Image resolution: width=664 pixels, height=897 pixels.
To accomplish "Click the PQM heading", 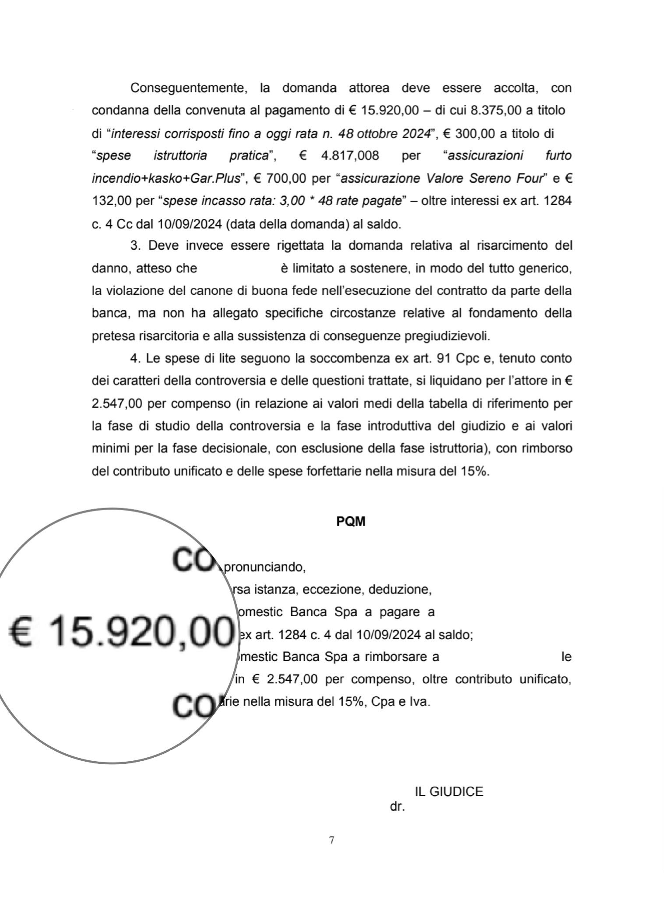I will point(351,522).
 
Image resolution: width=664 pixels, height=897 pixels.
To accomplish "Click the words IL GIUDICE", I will point(449,791).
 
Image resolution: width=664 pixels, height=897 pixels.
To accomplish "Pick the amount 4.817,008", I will point(350,156).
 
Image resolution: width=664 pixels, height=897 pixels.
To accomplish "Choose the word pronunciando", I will point(264,567).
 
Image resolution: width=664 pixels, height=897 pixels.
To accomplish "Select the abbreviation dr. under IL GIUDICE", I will point(397,806).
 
